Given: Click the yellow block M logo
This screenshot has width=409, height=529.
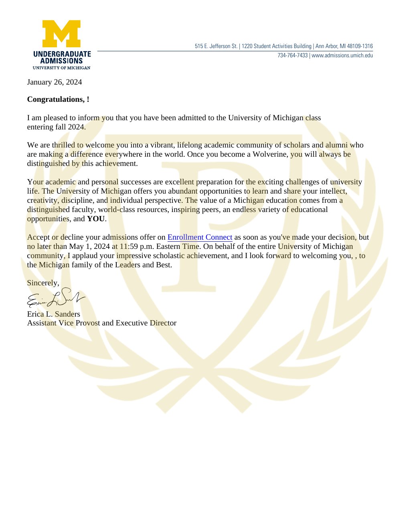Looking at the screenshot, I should click(x=62, y=34).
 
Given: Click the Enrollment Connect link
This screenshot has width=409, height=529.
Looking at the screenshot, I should click(x=200, y=237).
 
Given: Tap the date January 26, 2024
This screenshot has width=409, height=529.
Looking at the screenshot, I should click(x=55, y=82).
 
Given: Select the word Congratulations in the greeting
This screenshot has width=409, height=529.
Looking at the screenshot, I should click(x=55, y=99).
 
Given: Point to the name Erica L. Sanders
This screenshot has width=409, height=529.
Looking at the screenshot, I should click(x=53, y=314).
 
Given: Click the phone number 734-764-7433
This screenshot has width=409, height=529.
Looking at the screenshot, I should click(x=293, y=55).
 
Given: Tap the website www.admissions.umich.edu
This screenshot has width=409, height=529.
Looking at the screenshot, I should click(x=342, y=55).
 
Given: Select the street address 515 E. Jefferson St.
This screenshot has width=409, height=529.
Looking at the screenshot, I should click(x=216, y=46).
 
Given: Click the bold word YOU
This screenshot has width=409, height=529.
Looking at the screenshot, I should click(x=96, y=219).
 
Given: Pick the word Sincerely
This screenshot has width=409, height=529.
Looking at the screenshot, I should click(x=43, y=283).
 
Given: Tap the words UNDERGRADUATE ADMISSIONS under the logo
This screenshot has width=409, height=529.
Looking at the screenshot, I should click(x=62, y=57).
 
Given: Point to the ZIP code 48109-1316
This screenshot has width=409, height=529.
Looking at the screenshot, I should click(x=360, y=46).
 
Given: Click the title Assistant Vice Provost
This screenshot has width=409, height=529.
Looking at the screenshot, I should click(x=63, y=323).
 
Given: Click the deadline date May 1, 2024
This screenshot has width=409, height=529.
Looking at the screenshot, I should click(x=89, y=246).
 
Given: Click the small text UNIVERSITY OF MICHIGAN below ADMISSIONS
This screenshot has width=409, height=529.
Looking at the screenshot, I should click(x=61, y=68).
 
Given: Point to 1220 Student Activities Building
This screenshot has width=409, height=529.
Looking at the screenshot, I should click(x=276, y=46).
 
